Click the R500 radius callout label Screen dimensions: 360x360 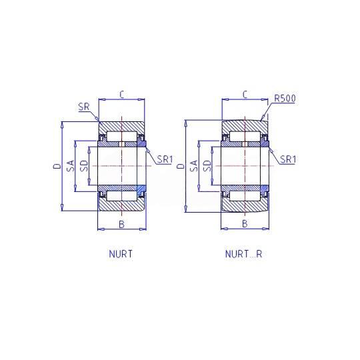[x=285, y=98]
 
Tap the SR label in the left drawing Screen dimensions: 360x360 [x=84, y=107]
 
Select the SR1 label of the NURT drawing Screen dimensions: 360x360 [x=165, y=159]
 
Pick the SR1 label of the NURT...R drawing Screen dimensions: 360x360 [x=288, y=159]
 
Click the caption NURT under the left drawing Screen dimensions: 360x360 [x=121, y=254]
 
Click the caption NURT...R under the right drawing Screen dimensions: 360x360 [x=243, y=254]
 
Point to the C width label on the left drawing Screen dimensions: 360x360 [x=122, y=95]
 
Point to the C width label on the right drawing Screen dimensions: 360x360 [x=245, y=95]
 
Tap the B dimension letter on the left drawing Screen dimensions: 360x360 [x=122, y=224]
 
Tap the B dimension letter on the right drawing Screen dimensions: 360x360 [x=245, y=223]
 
